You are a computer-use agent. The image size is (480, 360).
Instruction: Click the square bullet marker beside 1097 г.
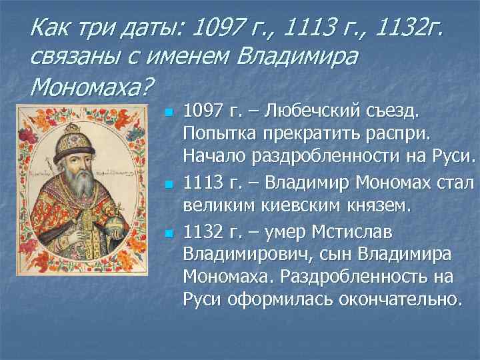click(x=169, y=111)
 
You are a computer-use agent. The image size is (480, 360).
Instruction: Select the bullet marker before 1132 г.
click(x=169, y=233)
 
